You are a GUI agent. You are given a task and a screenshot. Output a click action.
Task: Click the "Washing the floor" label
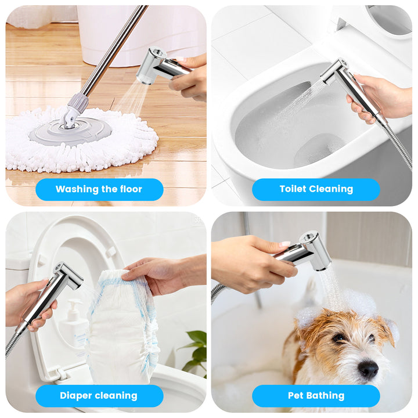click(x=99, y=189)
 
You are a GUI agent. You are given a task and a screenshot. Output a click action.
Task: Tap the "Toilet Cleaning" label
click(x=316, y=189)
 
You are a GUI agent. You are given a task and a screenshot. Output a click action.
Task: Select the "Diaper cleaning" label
click(x=99, y=396)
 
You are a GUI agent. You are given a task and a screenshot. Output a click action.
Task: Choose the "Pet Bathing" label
click(x=316, y=396)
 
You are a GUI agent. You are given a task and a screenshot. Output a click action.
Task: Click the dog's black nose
click(x=367, y=369)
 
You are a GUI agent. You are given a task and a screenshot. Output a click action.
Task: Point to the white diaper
click(x=122, y=328)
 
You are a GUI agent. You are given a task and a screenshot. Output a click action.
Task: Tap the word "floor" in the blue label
click(x=131, y=189)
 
